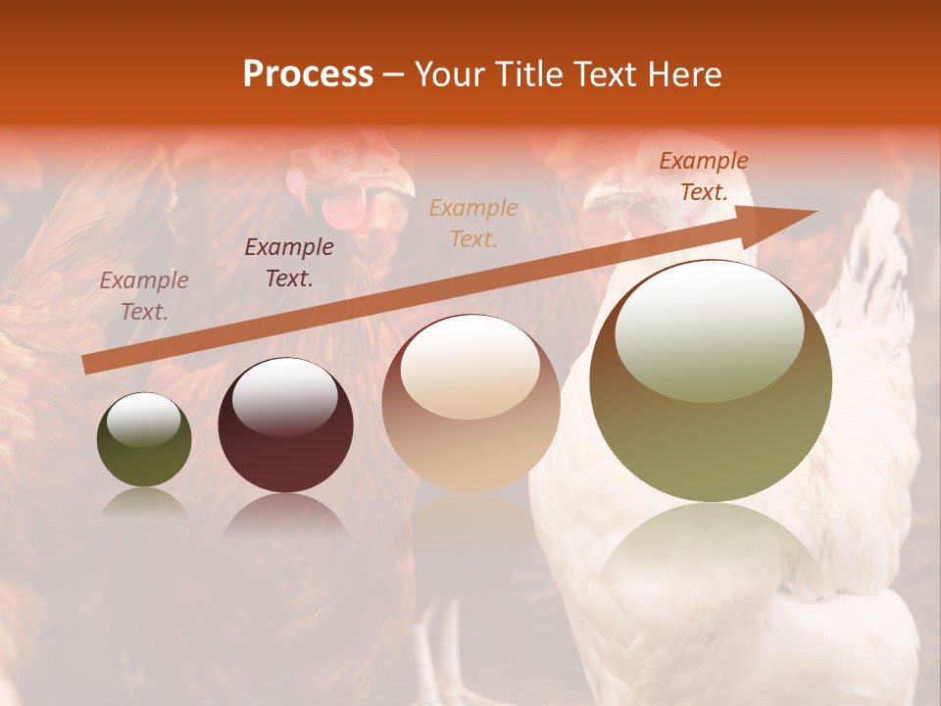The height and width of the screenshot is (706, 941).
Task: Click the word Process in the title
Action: click(x=308, y=75)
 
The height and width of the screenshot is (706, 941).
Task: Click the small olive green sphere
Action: click(x=144, y=440)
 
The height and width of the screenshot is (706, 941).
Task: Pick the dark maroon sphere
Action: click(x=285, y=426)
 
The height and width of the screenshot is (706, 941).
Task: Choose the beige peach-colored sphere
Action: click(x=470, y=404)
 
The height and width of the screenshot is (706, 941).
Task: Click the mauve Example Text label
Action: click(x=144, y=296)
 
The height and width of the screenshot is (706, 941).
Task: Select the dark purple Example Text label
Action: click(x=288, y=263)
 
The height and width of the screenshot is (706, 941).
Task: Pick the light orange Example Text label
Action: click(x=473, y=223)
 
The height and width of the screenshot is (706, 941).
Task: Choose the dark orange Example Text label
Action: click(x=703, y=176)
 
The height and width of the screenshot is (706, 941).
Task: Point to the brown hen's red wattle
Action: click(x=343, y=209)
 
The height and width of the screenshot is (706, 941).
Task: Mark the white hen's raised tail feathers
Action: click(x=877, y=255)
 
